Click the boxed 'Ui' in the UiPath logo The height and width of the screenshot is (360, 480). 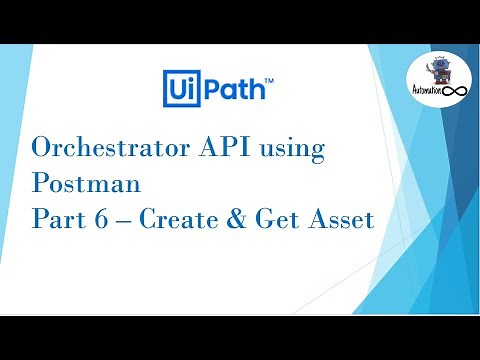click(181, 88)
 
